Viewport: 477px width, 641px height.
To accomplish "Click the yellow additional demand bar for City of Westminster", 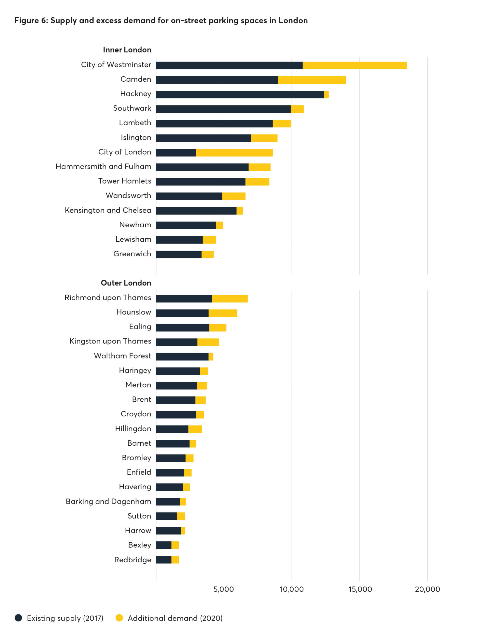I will click(354, 66).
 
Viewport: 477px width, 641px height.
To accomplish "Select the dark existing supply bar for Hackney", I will click(240, 94).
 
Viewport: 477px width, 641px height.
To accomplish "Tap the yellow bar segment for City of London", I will click(234, 153).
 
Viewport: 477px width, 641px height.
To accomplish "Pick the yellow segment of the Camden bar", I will click(312, 80).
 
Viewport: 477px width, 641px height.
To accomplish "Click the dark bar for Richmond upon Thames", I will click(184, 298).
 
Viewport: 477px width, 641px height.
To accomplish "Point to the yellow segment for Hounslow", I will click(223, 313).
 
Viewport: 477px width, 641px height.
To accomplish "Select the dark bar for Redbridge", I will click(164, 560).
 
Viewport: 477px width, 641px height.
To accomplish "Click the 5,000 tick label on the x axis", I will click(223, 589).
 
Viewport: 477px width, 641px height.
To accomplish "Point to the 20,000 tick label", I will click(427, 589).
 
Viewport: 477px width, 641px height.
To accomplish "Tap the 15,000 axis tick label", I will click(360, 589).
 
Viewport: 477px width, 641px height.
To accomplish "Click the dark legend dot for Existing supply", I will click(19, 618).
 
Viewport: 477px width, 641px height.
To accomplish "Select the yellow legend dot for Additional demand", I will click(119, 618).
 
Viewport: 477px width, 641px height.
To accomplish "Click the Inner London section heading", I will click(127, 50).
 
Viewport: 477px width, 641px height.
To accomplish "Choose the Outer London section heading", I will click(126, 283).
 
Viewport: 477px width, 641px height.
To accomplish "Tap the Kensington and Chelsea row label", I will click(108, 210).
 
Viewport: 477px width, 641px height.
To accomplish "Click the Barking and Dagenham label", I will click(108, 501).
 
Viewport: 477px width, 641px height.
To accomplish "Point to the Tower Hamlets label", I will click(125, 181).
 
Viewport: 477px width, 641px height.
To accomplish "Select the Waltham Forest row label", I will click(123, 356).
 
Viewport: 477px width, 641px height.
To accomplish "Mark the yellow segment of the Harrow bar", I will click(183, 531).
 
